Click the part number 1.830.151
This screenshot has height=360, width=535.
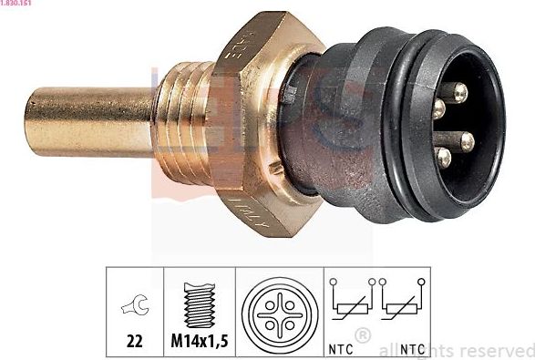coord(19,4)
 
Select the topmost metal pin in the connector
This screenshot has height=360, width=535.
coord(458,91)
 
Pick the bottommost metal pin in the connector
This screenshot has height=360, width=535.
coord(445,157)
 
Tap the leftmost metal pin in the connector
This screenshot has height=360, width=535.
coord(438,110)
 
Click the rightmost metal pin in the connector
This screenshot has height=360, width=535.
coord(467,140)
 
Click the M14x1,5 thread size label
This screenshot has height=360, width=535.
coord(200,345)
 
